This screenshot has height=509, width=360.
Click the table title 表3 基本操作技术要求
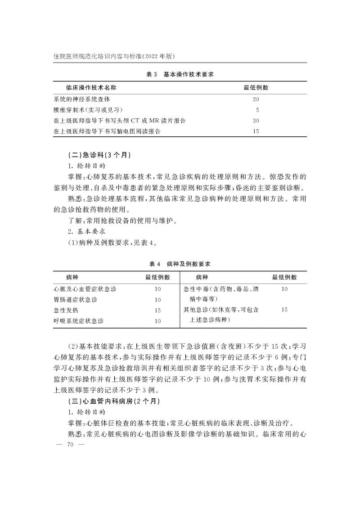(180, 74)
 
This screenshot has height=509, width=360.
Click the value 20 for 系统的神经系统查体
(256, 99)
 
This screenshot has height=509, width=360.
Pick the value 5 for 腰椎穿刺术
(257, 110)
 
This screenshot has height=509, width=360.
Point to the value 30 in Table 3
(256, 121)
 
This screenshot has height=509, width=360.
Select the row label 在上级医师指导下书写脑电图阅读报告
(107, 131)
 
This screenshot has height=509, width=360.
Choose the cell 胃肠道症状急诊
(76, 299)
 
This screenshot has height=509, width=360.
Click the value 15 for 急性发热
(157, 310)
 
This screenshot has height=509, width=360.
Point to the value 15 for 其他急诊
(284, 310)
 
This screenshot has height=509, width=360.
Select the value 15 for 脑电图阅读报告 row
(256, 131)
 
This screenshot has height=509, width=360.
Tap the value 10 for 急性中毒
(284, 288)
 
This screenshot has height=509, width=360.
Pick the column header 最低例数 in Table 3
(256, 87)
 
